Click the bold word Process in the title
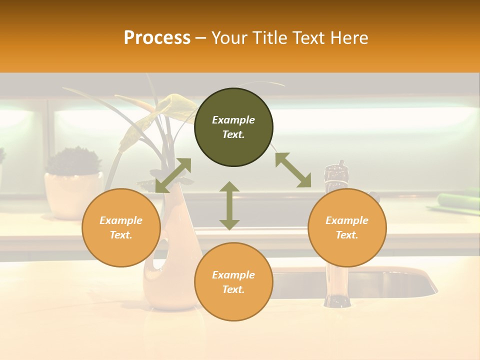(157, 38)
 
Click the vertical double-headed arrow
(229, 205)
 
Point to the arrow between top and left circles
(173, 175)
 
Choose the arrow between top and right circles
(293, 170)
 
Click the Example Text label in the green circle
(233, 127)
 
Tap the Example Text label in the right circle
(347, 227)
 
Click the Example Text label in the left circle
(121, 227)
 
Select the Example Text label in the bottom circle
(233, 282)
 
